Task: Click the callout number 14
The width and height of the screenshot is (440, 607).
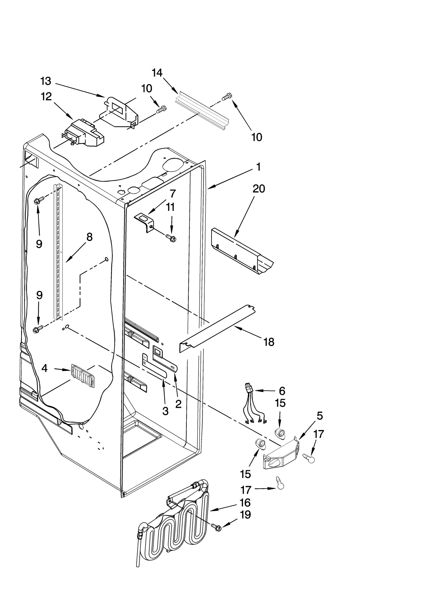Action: coord(157,73)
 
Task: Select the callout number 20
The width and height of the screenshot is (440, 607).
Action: coord(259,189)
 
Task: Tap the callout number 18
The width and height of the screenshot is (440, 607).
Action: coord(269,342)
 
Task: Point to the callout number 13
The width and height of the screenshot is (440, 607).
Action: coord(46,81)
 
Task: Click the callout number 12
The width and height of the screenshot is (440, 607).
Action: coord(46,96)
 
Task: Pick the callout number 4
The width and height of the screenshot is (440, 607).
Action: coord(45,368)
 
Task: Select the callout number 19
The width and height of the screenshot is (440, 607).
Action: coord(245,514)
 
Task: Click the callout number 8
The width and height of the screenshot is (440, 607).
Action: coord(89,237)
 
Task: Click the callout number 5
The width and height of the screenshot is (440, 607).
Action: coord(320,416)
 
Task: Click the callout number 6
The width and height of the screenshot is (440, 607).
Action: coord(282,391)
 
